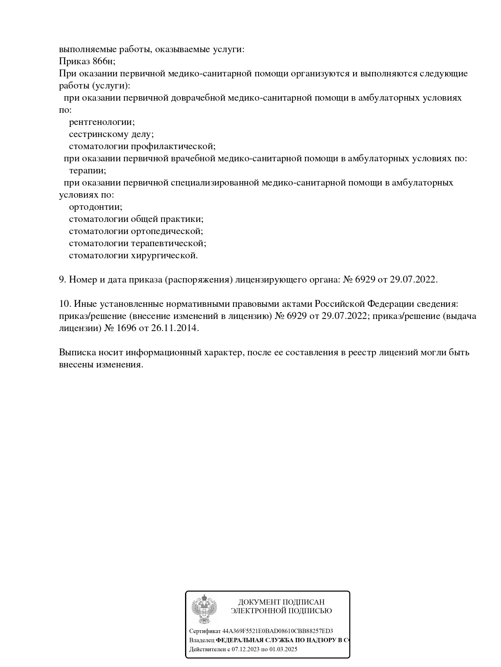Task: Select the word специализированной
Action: [215, 183]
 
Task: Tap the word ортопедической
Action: [167, 231]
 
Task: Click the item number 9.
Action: [62, 280]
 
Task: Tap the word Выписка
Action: [76, 352]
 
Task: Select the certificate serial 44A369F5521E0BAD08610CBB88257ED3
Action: [278, 631]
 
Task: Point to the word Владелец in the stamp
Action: [202, 640]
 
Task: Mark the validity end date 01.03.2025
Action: [283, 650]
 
